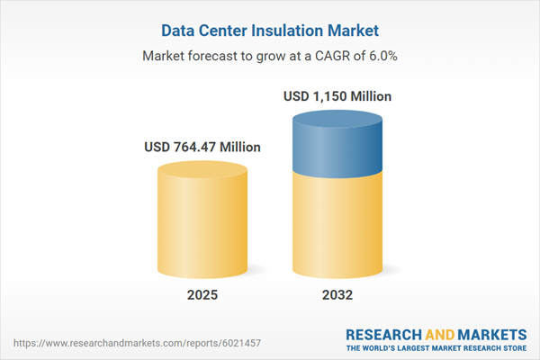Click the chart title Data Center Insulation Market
[x=270, y=30]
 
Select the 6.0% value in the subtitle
[x=379, y=56]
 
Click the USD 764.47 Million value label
[x=202, y=147]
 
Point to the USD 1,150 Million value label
[x=338, y=96]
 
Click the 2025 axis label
[x=202, y=294]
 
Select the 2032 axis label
[x=338, y=294]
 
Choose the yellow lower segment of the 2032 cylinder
[x=338, y=225]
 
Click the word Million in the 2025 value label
[x=238, y=147]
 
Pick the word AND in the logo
[x=440, y=332]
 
